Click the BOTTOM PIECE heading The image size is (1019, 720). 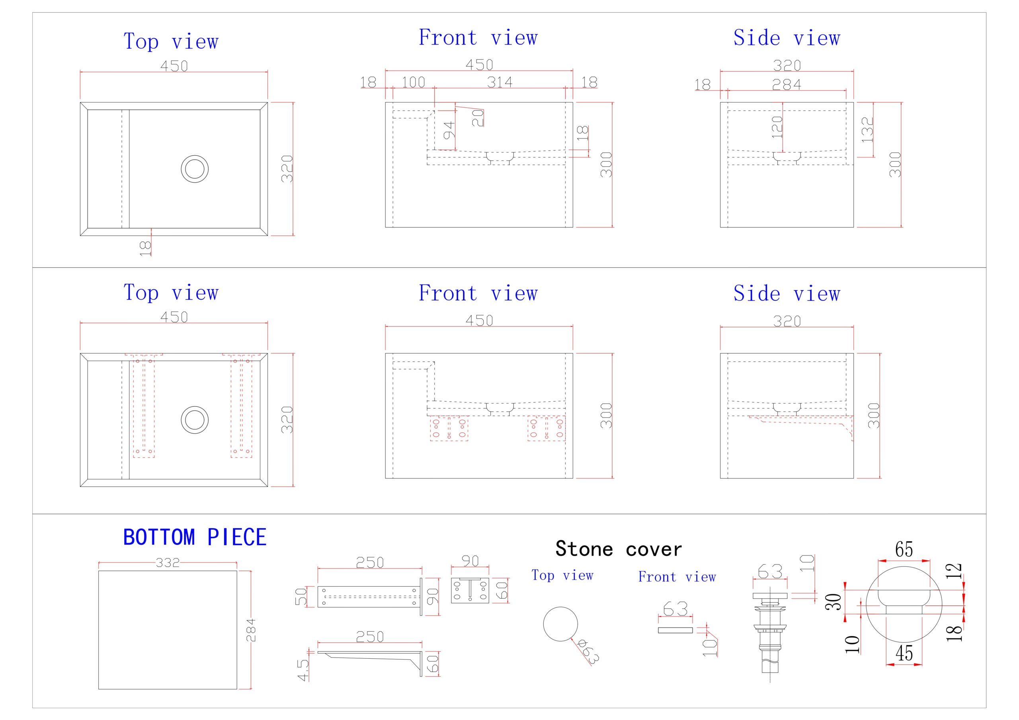(194, 537)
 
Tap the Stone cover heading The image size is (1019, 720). (619, 549)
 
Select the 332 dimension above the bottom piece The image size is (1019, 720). (168, 563)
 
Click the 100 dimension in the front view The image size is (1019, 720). (413, 82)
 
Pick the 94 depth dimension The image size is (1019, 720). (449, 130)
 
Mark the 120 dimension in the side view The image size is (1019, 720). (777, 127)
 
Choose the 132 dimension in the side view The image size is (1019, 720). (867, 129)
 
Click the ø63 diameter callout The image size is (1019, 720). (590, 651)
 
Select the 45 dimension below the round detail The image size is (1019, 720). (904, 653)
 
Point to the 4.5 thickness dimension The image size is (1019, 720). (303, 670)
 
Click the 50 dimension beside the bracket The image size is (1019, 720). (301, 597)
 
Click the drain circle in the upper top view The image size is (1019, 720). (195, 169)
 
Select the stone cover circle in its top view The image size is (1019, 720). (560, 624)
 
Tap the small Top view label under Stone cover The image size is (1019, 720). (562, 575)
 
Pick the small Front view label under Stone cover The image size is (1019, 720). (677, 577)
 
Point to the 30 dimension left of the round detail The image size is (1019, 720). (834, 602)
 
